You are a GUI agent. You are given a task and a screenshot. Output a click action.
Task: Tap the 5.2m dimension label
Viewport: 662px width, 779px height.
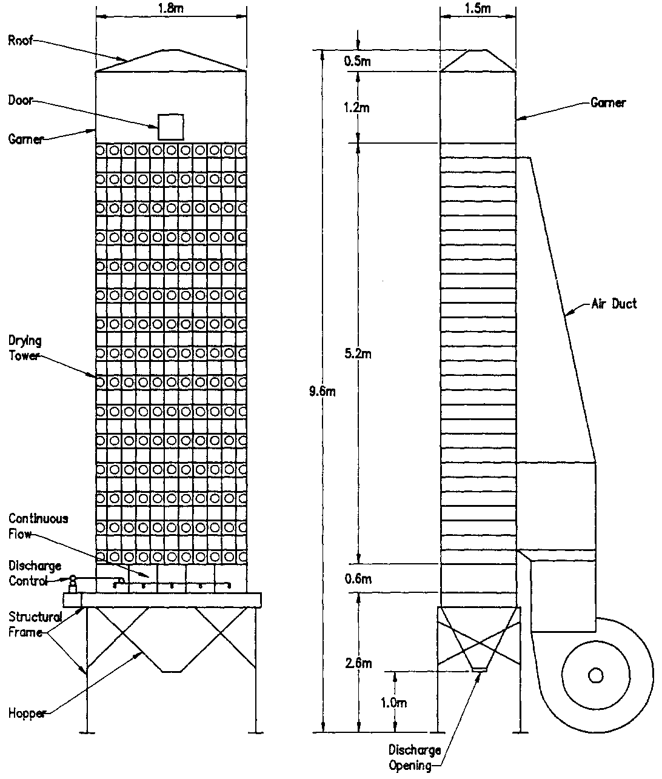(358, 354)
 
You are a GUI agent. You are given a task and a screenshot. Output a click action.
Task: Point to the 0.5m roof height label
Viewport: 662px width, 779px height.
(358, 61)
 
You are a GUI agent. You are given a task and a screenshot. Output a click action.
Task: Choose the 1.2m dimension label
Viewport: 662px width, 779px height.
(358, 108)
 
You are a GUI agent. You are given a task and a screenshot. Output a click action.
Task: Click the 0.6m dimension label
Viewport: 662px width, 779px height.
(358, 579)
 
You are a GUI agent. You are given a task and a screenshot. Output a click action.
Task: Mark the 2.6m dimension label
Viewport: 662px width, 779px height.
(358, 664)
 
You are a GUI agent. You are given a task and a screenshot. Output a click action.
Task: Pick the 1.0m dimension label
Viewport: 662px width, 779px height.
(394, 703)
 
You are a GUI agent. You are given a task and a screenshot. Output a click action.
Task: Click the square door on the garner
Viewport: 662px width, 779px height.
(170, 127)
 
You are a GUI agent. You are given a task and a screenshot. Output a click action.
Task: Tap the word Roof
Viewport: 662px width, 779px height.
(21, 41)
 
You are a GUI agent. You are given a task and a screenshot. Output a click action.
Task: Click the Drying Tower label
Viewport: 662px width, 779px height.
(25, 348)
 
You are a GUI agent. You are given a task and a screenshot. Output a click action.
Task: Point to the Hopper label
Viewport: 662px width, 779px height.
(27, 714)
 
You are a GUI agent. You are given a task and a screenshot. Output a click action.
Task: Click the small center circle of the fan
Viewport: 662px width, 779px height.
(595, 675)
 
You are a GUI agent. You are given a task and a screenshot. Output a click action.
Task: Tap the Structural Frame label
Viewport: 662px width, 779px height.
(35, 624)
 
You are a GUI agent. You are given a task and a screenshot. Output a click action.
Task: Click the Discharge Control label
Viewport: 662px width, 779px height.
(35, 573)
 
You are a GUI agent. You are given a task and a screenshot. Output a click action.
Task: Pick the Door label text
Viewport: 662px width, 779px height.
(21, 101)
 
